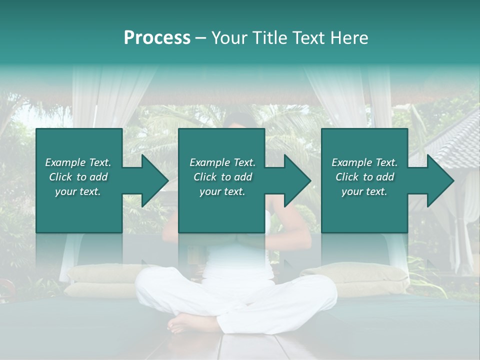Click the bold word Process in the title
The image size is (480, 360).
157,38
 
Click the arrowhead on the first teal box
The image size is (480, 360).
153,180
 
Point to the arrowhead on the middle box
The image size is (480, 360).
296,180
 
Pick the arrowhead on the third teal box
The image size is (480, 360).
439,180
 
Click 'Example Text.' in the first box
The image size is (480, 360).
78,162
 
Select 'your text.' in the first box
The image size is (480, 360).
78,191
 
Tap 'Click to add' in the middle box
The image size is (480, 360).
222,177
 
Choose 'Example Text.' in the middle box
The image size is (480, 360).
222,162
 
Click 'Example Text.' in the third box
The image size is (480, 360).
364,162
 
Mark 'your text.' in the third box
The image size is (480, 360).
364,191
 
